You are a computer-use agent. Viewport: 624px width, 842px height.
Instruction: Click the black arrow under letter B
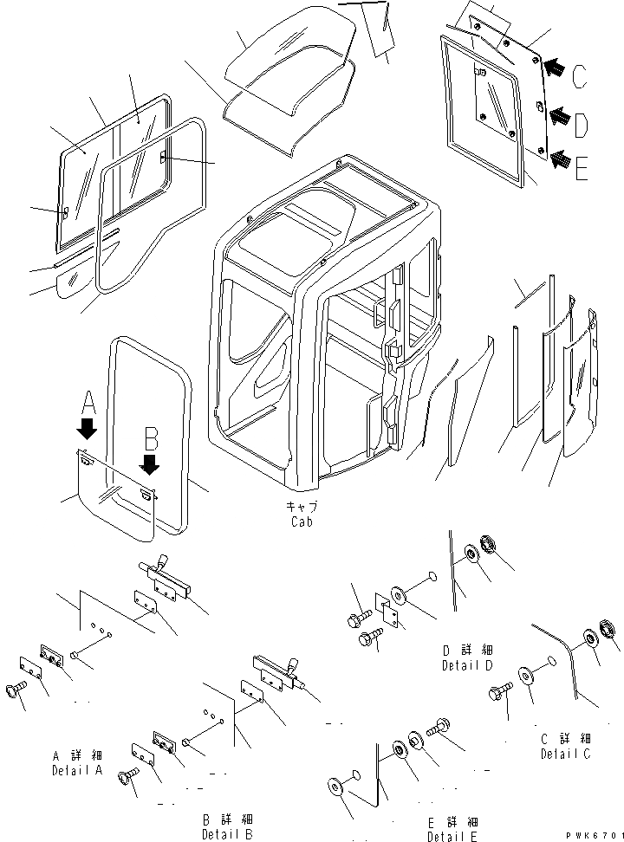(x=150, y=463)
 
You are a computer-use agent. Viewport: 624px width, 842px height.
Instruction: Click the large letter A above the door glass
(x=87, y=401)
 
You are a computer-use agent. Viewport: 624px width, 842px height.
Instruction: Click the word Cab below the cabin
(x=301, y=521)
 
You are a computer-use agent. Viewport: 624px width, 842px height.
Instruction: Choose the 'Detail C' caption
(x=566, y=754)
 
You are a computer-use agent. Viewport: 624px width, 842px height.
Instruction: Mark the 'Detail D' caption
(x=465, y=664)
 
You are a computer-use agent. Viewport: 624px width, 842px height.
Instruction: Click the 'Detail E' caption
(x=451, y=836)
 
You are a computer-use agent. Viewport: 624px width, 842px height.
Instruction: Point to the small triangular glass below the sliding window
(x=69, y=282)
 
